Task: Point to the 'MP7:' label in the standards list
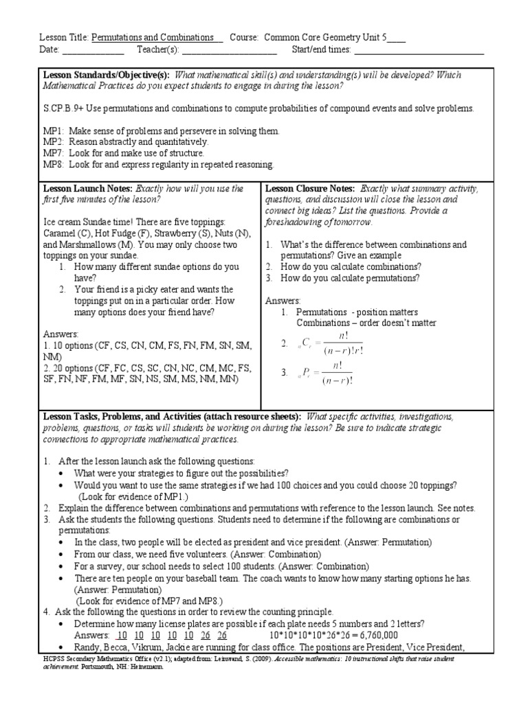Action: click(x=53, y=153)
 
